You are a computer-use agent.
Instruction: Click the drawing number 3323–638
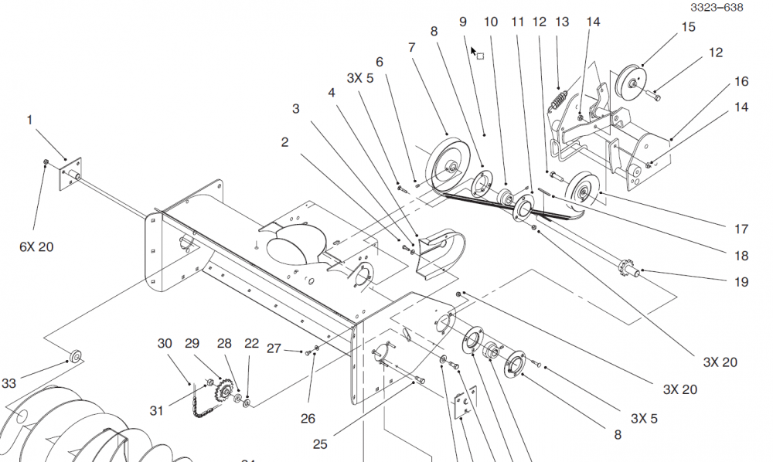coord(717,8)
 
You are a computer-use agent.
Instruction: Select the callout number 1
coord(30,120)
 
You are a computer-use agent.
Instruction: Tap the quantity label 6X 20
coord(37,246)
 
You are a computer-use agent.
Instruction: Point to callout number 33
coord(9,383)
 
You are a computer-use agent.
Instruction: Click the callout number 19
coord(741,282)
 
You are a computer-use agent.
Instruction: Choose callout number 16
coord(741,81)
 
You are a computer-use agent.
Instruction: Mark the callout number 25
coord(320,444)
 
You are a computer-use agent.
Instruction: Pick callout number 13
coord(561,22)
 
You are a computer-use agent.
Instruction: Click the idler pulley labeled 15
coord(632,80)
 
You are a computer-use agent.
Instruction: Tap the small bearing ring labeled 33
coord(76,356)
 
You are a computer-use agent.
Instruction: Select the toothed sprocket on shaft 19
coord(624,270)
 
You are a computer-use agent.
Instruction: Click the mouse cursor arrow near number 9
coord(475,51)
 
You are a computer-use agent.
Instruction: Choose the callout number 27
coord(274,348)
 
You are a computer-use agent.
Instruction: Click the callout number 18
coord(741,256)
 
